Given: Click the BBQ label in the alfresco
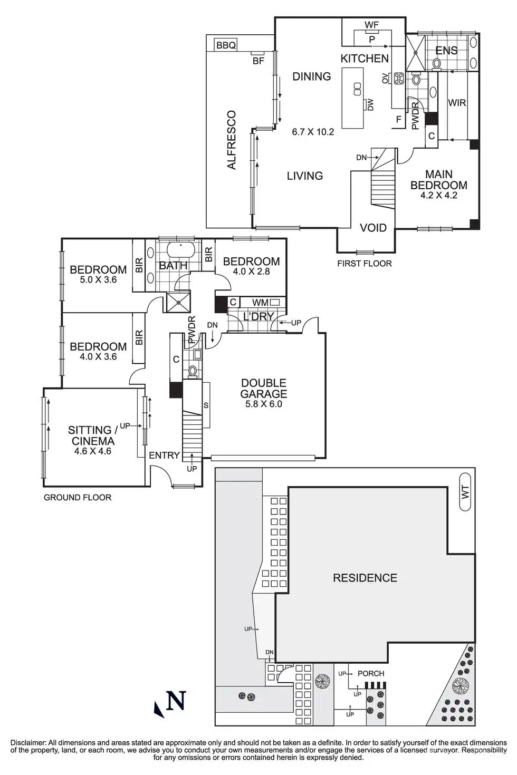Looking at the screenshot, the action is [226, 45].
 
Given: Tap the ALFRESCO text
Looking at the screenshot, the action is [231, 140].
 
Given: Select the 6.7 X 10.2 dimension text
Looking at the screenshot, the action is [313, 132].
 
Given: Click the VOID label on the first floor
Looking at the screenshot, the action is [373, 228].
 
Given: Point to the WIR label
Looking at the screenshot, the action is [457, 103].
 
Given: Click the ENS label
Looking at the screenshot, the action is [446, 51].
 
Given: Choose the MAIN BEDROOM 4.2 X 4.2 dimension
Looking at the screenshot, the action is [438, 195].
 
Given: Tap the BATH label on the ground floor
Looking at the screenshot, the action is [173, 265].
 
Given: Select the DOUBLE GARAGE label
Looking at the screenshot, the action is [264, 389].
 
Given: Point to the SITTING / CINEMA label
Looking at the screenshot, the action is [93, 435].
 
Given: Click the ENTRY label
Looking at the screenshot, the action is [164, 455].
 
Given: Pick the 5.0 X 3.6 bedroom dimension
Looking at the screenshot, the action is [98, 280].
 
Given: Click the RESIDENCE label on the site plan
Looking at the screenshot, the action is [365, 578].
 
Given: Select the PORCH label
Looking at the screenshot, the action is [371, 673].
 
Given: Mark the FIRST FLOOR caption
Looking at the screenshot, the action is [364, 263].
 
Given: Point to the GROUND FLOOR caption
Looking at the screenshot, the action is [78, 497].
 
